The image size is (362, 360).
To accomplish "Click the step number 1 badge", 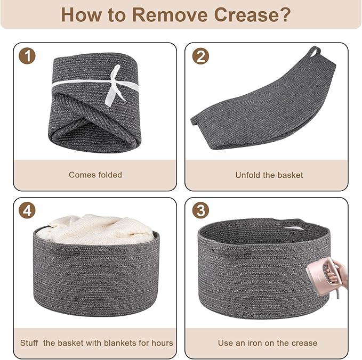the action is (27, 55).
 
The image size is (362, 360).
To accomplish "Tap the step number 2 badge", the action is (200, 56).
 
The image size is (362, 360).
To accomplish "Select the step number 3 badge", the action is (200, 210).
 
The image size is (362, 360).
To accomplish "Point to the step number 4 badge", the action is (27, 210).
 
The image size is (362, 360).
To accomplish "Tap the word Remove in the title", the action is (170, 15).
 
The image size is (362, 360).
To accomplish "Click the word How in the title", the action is (81, 15).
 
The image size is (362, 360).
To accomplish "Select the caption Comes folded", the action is (95, 175).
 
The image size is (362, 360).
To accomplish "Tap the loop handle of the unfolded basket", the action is (315, 52).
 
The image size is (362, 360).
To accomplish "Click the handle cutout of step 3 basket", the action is (292, 228).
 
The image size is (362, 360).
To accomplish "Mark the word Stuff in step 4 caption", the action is (29, 343).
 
